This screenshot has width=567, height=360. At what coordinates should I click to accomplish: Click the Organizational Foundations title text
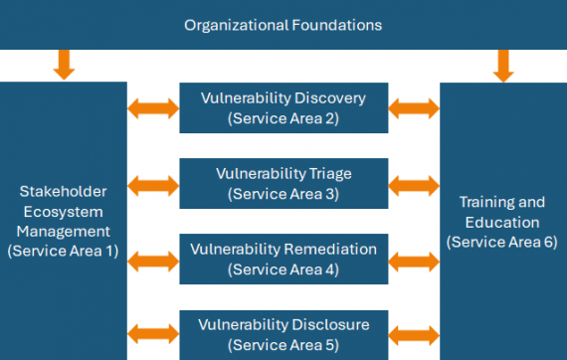283,23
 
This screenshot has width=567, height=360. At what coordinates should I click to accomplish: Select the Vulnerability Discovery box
283,108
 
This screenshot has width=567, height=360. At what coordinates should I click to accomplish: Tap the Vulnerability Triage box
283,184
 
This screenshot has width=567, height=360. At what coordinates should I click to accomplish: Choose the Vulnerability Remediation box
283,259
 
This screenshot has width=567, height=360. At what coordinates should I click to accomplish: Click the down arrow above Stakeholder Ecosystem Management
64,65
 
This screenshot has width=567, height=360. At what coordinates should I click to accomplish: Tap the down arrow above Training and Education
503,65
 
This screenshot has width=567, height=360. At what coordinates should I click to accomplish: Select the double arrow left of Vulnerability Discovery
153,107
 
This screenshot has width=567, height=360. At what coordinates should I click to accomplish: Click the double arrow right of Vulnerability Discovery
414,107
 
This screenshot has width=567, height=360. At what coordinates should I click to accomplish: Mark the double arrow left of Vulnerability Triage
153,184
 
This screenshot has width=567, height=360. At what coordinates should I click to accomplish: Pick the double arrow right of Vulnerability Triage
414,184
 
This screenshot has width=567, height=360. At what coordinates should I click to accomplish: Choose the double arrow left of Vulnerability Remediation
153,261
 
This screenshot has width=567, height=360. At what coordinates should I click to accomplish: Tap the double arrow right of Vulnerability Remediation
414,261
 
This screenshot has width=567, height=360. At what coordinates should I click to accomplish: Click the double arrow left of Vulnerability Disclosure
153,334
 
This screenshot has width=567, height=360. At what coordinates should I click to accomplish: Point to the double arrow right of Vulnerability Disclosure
414,334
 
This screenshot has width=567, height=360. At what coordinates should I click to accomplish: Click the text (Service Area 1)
63,251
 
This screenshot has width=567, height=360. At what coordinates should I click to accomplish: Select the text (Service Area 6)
502,242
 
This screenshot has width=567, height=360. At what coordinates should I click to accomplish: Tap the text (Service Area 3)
283,194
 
